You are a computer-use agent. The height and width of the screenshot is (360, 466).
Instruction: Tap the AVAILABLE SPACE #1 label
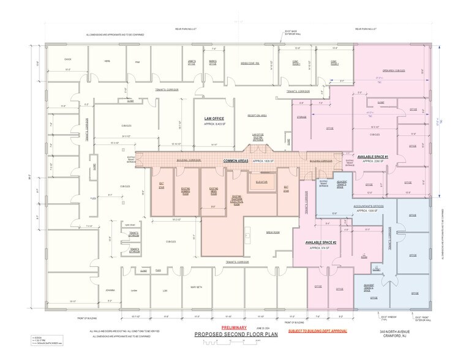(372, 157)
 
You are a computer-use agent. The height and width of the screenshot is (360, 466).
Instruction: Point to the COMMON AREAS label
(235, 160)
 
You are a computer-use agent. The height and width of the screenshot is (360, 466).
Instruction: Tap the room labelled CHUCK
(68, 59)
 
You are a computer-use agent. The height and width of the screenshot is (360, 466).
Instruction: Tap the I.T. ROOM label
(363, 257)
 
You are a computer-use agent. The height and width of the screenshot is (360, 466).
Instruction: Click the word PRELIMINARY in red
(222, 327)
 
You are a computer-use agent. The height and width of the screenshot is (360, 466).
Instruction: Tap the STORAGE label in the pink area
(302, 116)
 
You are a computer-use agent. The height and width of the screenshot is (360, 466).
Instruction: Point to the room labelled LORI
(164, 290)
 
